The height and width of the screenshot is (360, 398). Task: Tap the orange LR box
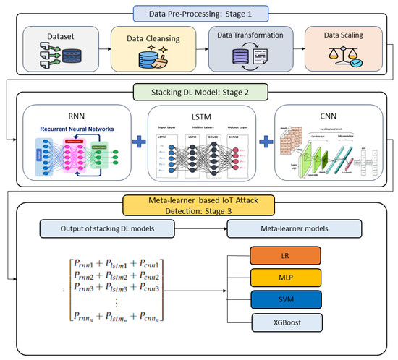[284, 257]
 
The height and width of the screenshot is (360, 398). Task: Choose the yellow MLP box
[284, 278]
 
